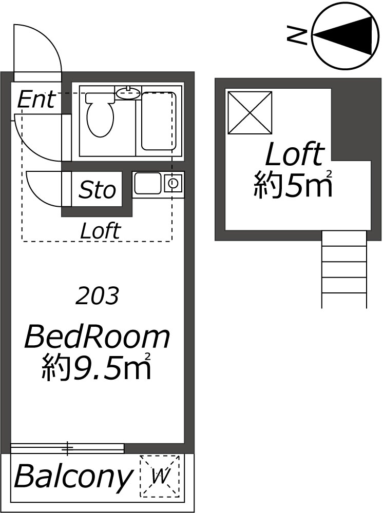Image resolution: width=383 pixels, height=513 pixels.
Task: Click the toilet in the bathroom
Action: [x=100, y=114]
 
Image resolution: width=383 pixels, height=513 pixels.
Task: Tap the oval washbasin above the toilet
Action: [x=128, y=92]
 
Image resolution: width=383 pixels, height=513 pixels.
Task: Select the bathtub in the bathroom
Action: [x=159, y=121]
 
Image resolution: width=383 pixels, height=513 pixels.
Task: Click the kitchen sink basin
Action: [x=147, y=184]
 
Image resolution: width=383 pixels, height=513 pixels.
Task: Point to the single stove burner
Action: [x=174, y=184]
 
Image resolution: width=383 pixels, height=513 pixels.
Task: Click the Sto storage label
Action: [x=97, y=189]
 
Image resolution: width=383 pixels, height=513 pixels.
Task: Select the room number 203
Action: [x=97, y=296]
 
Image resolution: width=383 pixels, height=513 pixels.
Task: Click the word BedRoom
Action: [x=97, y=337]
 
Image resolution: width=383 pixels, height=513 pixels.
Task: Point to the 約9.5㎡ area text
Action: [x=97, y=367]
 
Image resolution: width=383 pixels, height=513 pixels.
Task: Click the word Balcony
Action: [x=73, y=477]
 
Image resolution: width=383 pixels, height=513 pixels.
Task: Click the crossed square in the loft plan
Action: [x=250, y=113]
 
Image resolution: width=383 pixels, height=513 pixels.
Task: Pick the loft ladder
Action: [x=344, y=269]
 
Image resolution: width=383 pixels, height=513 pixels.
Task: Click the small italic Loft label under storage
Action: [x=101, y=230]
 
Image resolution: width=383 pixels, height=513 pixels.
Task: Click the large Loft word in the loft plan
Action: [x=295, y=154]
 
